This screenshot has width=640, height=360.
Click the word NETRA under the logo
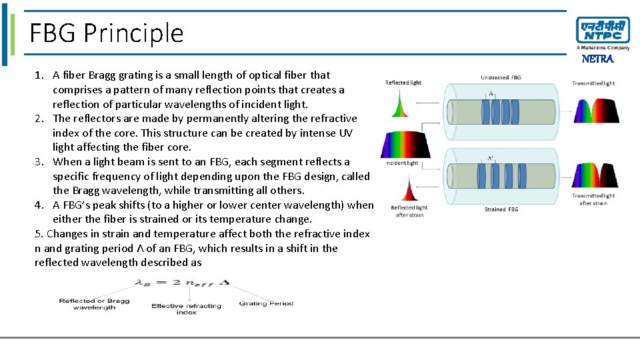tap(597, 59)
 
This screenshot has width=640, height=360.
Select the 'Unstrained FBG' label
tap(501, 78)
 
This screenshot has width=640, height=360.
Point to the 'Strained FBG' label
tap(501, 209)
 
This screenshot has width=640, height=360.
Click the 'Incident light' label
tap(402, 163)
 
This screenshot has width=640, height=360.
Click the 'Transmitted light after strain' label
tap(593, 199)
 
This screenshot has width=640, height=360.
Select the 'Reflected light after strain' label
tap(409, 211)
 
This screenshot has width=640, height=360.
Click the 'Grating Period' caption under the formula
tap(266, 303)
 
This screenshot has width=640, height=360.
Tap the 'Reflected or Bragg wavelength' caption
tap(94, 304)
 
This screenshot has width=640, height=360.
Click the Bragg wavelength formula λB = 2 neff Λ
tap(182, 283)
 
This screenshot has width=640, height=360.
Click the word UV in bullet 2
tap(345, 133)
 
